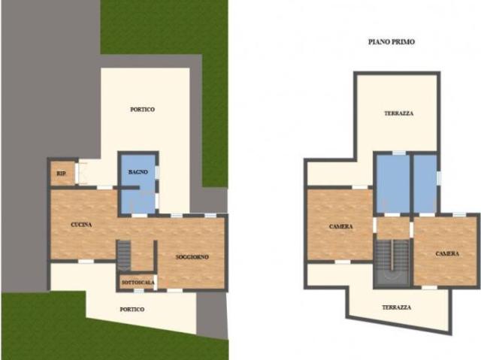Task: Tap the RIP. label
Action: pos(60,174)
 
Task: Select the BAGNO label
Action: pos(138,172)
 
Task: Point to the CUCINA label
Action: pos(81,225)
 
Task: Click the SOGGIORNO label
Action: pos(192,257)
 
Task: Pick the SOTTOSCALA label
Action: pos(137,282)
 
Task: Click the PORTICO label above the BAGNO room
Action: pos(142,109)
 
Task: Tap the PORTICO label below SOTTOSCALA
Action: pos(132,309)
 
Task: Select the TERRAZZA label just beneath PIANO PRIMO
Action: pos(398,113)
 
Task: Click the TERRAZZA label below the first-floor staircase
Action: pos(396,307)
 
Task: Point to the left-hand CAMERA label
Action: pos(341,226)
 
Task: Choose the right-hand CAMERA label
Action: pos(447,253)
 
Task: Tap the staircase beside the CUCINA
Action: pos(124,254)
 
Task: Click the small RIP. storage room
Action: pos(62,173)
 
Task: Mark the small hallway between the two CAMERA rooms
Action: pos(392,227)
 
